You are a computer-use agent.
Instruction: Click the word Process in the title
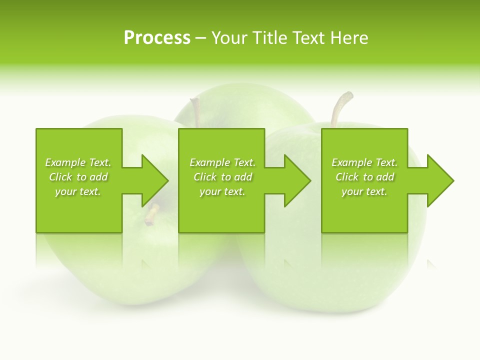[x=157, y=38]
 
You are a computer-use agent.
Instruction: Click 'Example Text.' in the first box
[x=78, y=162]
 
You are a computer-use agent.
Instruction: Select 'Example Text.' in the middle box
[x=222, y=162]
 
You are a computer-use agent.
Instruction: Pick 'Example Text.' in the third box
[x=364, y=162]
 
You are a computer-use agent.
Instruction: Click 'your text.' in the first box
[x=78, y=191]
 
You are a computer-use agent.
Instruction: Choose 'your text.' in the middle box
[x=222, y=191]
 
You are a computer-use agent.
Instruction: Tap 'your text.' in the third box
[x=364, y=191]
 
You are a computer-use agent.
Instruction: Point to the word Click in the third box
[x=347, y=177]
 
